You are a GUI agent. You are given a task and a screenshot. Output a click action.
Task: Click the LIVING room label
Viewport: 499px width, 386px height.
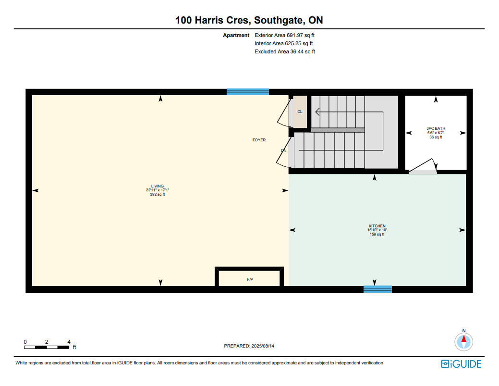pyautogui.click(x=157, y=186)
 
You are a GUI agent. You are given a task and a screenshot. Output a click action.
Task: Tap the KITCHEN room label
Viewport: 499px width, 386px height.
pyautogui.click(x=377, y=226)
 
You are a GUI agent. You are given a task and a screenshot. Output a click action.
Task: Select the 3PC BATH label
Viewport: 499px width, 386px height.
pyautogui.click(x=436, y=128)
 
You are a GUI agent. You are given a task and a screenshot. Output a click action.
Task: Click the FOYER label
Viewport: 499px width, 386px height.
pyautogui.click(x=259, y=140)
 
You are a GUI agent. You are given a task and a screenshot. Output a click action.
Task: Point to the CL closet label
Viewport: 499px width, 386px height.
pyautogui.click(x=300, y=112)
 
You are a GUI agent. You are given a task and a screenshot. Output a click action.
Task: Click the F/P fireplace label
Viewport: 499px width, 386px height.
pyautogui.click(x=250, y=279)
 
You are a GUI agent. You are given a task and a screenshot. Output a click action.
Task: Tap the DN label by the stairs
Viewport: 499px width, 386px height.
pyautogui.click(x=283, y=150)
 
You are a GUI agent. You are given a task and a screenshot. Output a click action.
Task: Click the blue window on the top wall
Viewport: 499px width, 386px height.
pyautogui.click(x=248, y=92)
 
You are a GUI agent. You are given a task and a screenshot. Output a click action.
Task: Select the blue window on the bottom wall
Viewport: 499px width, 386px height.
pyautogui.click(x=378, y=289)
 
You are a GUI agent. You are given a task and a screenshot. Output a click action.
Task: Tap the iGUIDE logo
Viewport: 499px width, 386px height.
pyautogui.click(x=461, y=364)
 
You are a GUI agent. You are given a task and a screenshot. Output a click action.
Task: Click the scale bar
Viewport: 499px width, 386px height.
pyautogui.click(x=47, y=347)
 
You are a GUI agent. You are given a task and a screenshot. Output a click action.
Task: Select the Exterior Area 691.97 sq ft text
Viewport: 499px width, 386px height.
pyautogui.click(x=284, y=36)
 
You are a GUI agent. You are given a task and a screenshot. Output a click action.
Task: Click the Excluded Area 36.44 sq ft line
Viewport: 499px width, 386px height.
pyautogui.click(x=285, y=51)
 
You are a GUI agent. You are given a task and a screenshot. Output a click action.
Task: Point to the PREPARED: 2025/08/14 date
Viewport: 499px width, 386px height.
pyautogui.click(x=249, y=346)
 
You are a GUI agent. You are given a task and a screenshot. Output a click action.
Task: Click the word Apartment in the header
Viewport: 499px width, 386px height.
pyautogui.click(x=236, y=36)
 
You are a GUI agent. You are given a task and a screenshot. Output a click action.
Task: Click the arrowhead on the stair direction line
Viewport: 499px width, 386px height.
pyautogui.click(x=317, y=112)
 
